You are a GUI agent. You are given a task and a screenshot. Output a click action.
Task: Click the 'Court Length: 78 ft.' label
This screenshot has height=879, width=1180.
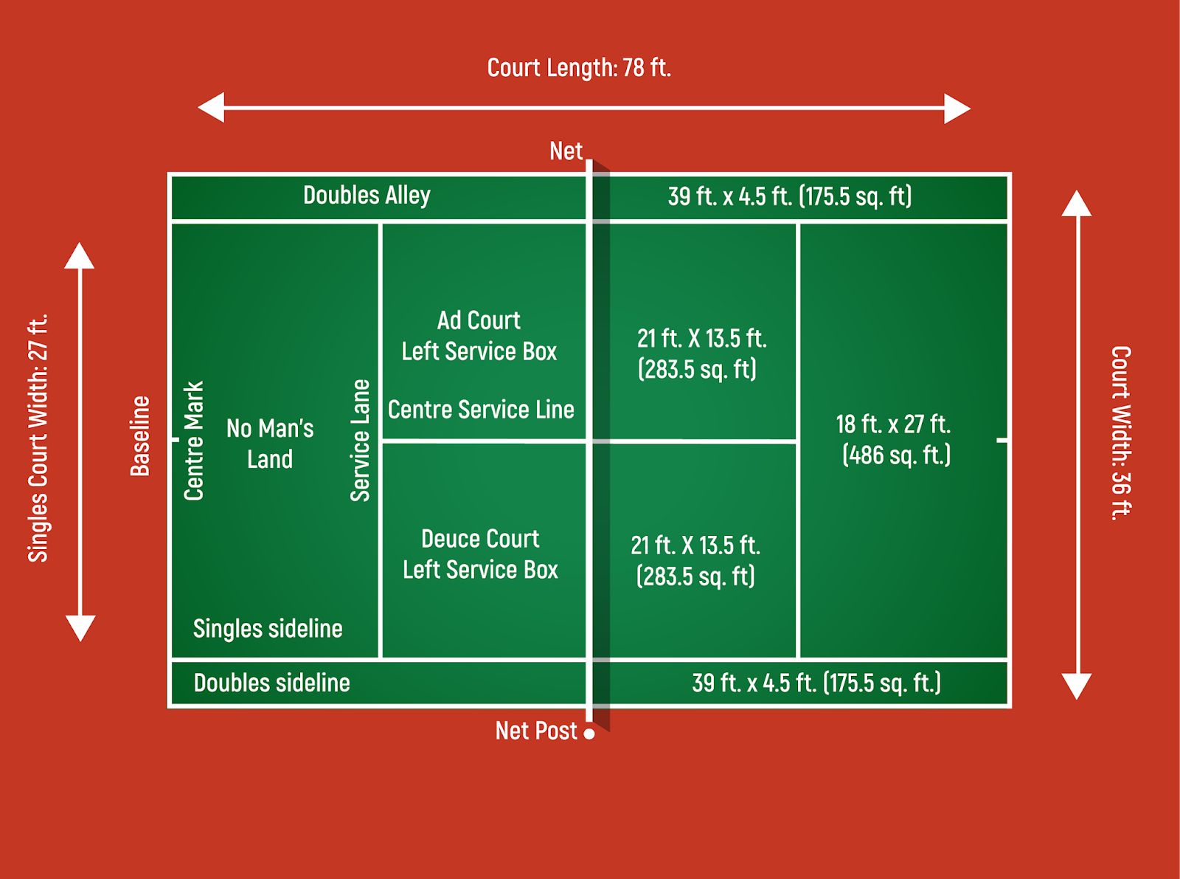click(579, 68)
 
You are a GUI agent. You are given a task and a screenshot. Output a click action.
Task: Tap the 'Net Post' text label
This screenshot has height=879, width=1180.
click(536, 731)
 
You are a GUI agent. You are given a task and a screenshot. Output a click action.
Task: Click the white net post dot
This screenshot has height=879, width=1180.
click(589, 734)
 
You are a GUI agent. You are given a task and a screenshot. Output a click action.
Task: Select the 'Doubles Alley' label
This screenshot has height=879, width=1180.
click(367, 196)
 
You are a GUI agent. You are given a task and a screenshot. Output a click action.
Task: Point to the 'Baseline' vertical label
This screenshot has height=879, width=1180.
click(140, 436)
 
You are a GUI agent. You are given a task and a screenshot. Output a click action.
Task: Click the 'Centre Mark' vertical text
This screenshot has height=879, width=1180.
click(193, 441)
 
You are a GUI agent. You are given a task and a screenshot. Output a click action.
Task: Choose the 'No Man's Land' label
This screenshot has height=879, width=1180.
click(270, 444)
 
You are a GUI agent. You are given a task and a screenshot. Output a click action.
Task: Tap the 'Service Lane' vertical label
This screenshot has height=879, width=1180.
click(360, 441)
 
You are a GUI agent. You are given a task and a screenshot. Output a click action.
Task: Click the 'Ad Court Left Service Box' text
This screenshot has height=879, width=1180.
click(479, 336)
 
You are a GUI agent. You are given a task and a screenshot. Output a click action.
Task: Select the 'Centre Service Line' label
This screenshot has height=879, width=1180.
click(481, 410)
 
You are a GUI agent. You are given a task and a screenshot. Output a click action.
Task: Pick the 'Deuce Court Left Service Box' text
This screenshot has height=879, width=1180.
click(480, 554)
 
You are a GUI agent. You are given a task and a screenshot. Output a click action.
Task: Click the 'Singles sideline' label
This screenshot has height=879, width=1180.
click(268, 629)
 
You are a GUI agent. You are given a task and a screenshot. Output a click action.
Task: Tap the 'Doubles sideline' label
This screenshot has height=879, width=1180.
click(271, 683)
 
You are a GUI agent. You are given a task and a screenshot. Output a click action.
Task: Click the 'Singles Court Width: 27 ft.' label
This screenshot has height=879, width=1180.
click(38, 438)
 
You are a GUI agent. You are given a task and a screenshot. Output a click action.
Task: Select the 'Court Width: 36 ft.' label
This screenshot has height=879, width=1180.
click(1121, 433)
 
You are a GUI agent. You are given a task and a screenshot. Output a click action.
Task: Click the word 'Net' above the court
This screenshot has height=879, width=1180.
click(566, 151)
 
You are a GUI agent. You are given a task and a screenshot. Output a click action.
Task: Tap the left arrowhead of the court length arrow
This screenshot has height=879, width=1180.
click(212, 108)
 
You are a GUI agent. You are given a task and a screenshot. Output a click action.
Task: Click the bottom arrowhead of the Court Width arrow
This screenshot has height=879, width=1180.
click(1077, 686)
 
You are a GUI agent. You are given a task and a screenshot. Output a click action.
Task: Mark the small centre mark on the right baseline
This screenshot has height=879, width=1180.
click(1002, 441)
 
